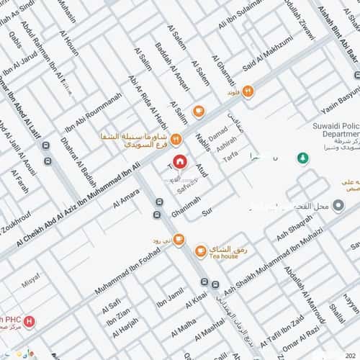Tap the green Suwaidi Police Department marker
[302, 157]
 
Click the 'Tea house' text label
[223, 255]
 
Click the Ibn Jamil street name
[171, 300]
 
